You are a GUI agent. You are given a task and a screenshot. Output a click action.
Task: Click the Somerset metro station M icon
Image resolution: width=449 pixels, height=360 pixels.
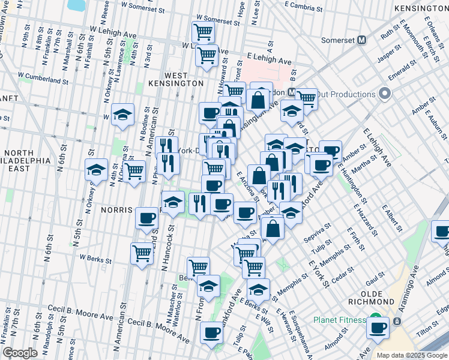361,41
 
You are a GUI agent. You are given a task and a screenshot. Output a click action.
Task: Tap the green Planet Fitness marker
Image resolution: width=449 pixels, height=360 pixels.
375,319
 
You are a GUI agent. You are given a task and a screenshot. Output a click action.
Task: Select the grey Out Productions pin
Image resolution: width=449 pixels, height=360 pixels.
385,94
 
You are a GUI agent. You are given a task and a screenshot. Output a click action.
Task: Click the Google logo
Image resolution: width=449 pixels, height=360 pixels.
20,353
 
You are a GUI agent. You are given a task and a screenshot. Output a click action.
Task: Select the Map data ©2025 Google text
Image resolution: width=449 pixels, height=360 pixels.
412,355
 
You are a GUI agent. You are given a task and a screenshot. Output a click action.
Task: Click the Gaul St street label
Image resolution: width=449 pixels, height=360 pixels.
375,274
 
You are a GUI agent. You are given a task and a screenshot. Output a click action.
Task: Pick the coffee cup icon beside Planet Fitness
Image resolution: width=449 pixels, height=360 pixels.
378,328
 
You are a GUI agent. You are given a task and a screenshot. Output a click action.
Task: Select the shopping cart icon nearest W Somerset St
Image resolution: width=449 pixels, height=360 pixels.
203,32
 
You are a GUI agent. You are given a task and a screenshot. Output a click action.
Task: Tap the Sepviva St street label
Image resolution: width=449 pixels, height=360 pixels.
319,230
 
